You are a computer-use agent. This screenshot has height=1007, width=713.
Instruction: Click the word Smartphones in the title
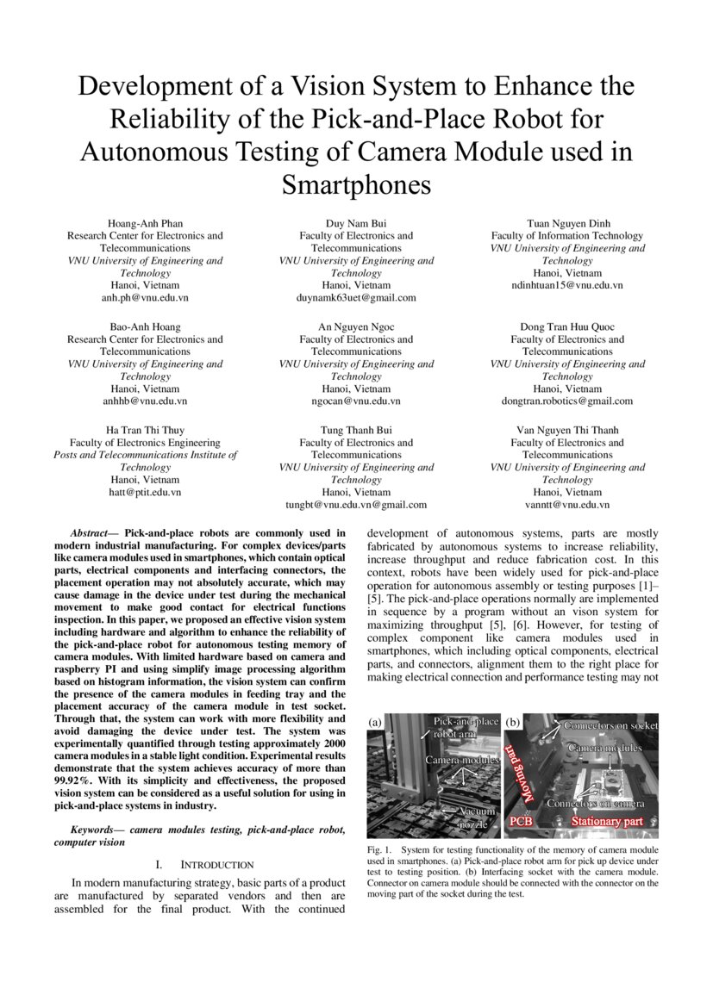click(356, 184)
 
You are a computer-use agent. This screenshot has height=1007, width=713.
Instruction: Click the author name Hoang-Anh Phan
click(145, 223)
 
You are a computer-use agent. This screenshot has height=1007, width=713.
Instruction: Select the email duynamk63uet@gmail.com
click(356, 297)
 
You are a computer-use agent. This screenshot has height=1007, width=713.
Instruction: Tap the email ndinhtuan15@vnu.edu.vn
click(567, 285)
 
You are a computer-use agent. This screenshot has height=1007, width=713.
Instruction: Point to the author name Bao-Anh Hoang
click(145, 326)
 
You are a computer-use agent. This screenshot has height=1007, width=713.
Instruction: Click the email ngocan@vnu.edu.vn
click(356, 401)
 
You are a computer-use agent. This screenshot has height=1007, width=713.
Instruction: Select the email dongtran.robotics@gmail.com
click(567, 401)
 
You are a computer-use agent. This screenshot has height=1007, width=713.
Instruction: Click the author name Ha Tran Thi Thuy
click(145, 430)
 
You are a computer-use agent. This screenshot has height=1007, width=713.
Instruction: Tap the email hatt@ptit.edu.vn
click(145, 492)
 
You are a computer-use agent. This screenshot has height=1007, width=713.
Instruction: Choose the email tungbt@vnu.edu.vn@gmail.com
click(356, 505)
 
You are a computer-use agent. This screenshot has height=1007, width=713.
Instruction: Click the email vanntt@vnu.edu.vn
click(567, 505)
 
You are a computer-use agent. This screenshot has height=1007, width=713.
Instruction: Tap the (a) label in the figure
click(376, 721)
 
